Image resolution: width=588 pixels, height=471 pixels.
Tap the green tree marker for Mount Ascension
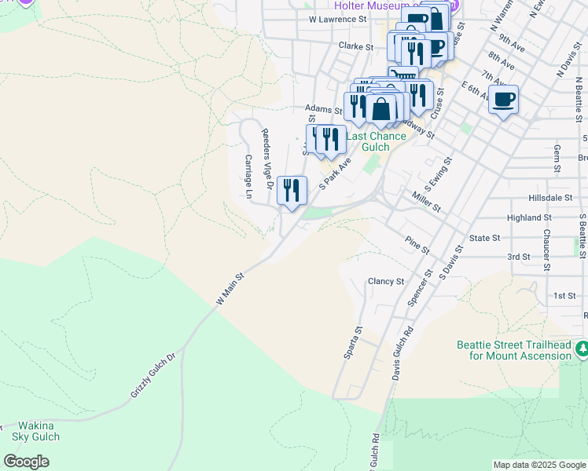(581, 348)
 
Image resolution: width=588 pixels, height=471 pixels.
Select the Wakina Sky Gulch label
(35, 431)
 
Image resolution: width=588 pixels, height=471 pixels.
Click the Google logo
(26, 462)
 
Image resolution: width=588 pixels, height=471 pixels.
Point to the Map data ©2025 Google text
(538, 465)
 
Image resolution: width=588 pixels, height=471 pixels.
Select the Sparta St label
(352, 343)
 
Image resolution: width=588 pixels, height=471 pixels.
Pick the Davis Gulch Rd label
(402, 353)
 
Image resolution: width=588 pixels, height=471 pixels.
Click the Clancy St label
(386, 281)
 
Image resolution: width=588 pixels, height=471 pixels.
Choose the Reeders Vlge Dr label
(266, 152)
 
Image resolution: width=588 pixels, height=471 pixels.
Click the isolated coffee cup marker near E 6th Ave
(504, 100)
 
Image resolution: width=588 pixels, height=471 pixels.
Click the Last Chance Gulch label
(377, 141)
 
